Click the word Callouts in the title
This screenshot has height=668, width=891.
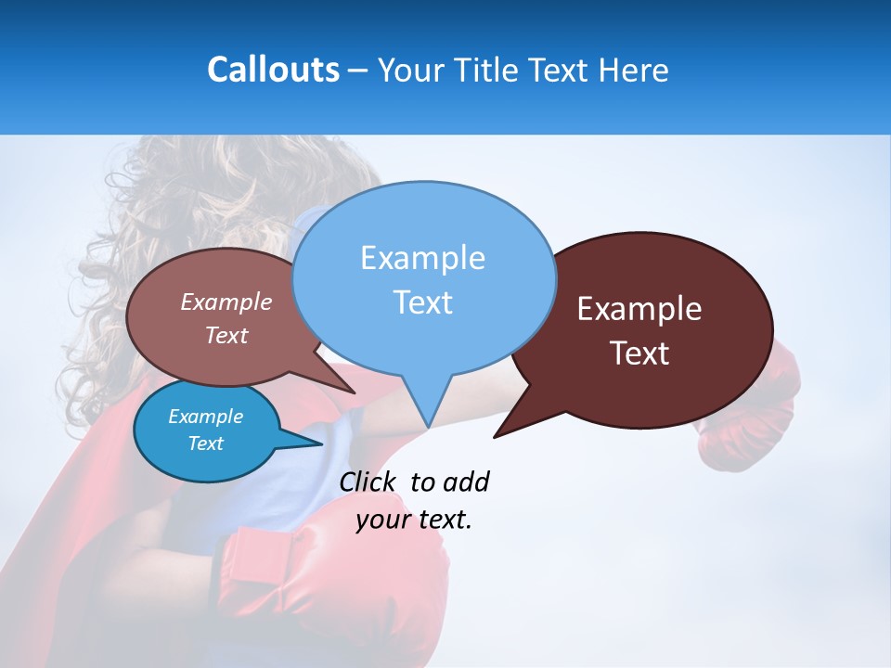274,71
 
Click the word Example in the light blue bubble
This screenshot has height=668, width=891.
422,258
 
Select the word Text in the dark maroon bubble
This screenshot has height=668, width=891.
639,353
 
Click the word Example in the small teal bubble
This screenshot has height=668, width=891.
205,417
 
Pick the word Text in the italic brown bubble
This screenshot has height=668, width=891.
226,336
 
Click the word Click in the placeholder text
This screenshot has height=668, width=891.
368,482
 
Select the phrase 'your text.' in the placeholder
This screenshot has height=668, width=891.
414,520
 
